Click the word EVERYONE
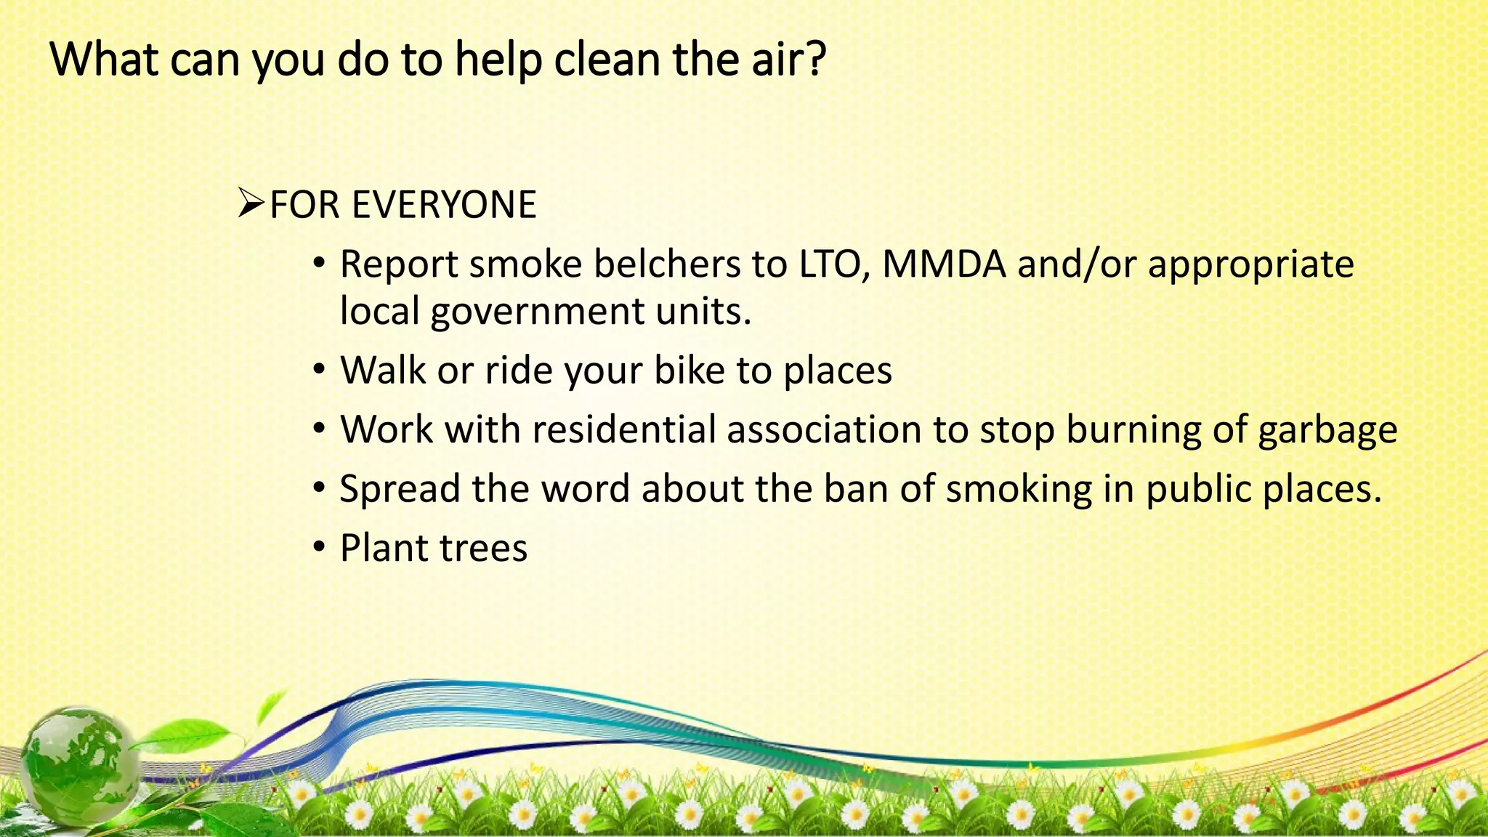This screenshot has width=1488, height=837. [x=444, y=205]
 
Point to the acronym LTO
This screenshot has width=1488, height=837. [x=833, y=264]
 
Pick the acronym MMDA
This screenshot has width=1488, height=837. [x=944, y=264]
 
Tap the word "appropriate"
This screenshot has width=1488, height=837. [x=1250, y=265]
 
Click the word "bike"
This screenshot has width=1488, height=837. [x=689, y=371]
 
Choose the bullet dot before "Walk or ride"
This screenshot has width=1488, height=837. [x=320, y=370]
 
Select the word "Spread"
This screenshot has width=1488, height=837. [x=400, y=489]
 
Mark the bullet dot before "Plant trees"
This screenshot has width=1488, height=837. [x=320, y=547]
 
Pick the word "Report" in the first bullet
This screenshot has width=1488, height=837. [x=399, y=265]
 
